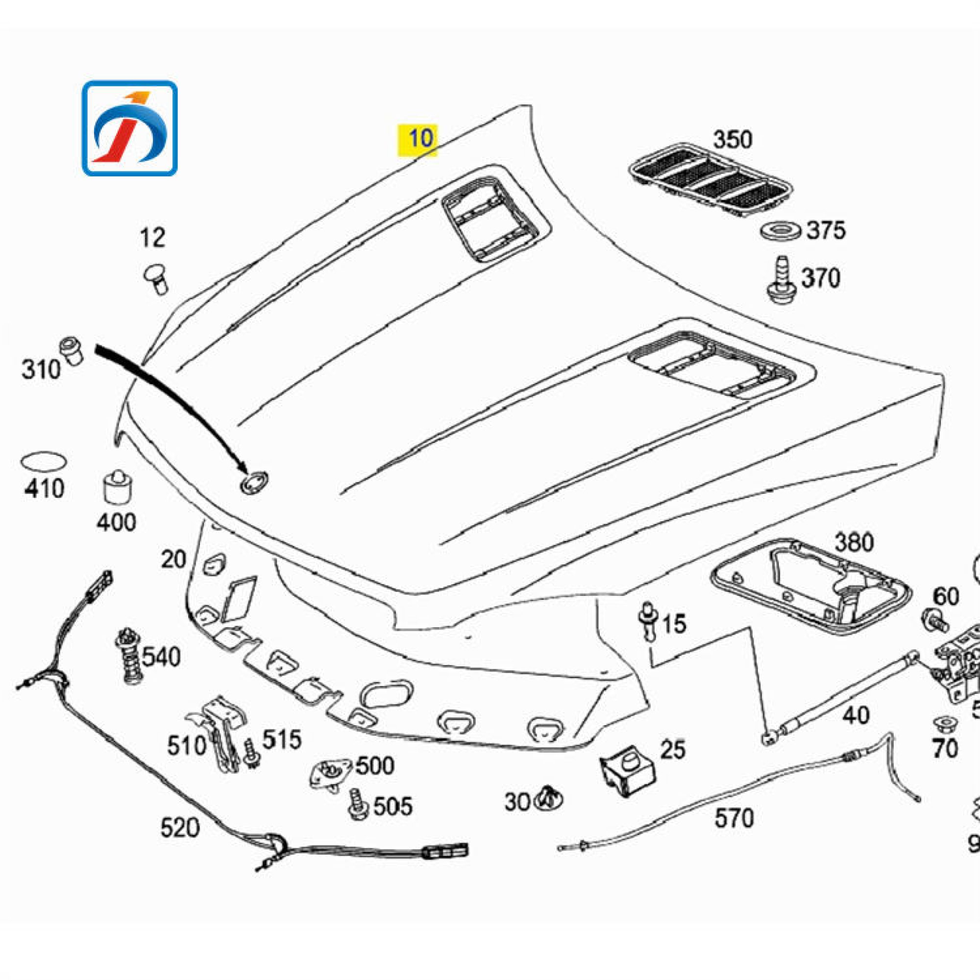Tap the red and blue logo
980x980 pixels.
click(130, 128)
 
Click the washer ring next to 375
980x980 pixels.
click(780, 231)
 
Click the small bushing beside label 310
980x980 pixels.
click(72, 350)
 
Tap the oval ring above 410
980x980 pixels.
click(44, 461)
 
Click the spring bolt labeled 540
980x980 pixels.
click(129, 657)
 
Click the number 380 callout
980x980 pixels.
click(854, 542)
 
